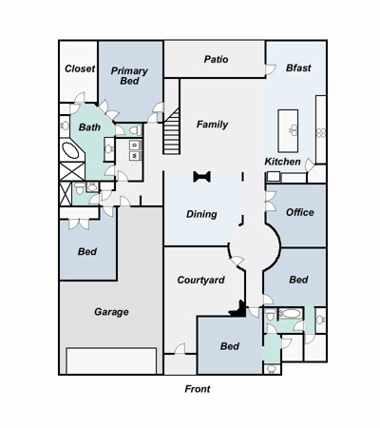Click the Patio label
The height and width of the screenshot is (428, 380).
216,59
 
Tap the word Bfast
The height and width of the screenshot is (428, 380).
298,68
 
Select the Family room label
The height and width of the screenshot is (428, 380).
212,125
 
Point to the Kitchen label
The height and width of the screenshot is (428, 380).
282,162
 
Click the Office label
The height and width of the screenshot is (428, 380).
300,212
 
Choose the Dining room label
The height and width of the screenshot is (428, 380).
201,214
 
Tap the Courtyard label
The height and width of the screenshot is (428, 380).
200,280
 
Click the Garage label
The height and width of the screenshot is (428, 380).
111,312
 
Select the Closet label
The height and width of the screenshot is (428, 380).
80,68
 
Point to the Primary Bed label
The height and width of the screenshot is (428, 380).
129,76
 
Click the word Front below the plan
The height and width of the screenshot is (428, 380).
198,389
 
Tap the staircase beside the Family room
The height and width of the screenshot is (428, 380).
172,131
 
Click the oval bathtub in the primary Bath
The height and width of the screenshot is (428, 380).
70,150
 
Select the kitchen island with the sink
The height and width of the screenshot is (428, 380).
288,131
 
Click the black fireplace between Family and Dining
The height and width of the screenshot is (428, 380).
202,177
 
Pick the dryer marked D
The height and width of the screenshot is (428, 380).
135,146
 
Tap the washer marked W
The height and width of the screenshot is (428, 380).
135,156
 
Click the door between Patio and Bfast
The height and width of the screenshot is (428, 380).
270,69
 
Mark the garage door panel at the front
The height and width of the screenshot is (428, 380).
111,360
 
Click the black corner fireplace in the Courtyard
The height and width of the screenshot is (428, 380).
239,310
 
